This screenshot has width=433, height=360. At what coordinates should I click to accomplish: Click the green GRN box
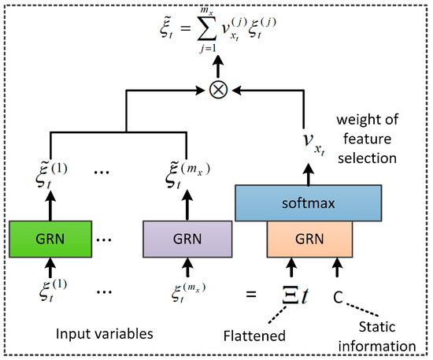[50, 236]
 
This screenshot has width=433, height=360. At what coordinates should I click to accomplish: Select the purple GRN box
[187, 236]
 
